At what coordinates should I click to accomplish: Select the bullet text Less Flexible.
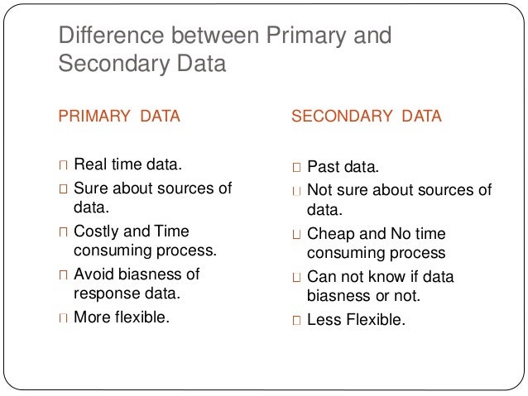pos(357,317)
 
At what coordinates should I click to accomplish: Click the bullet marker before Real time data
pos(64,165)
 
